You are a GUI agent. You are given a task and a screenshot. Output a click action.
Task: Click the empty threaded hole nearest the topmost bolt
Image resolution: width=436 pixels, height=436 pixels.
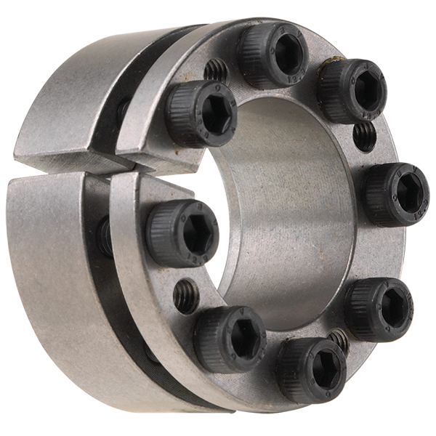[216, 70]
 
